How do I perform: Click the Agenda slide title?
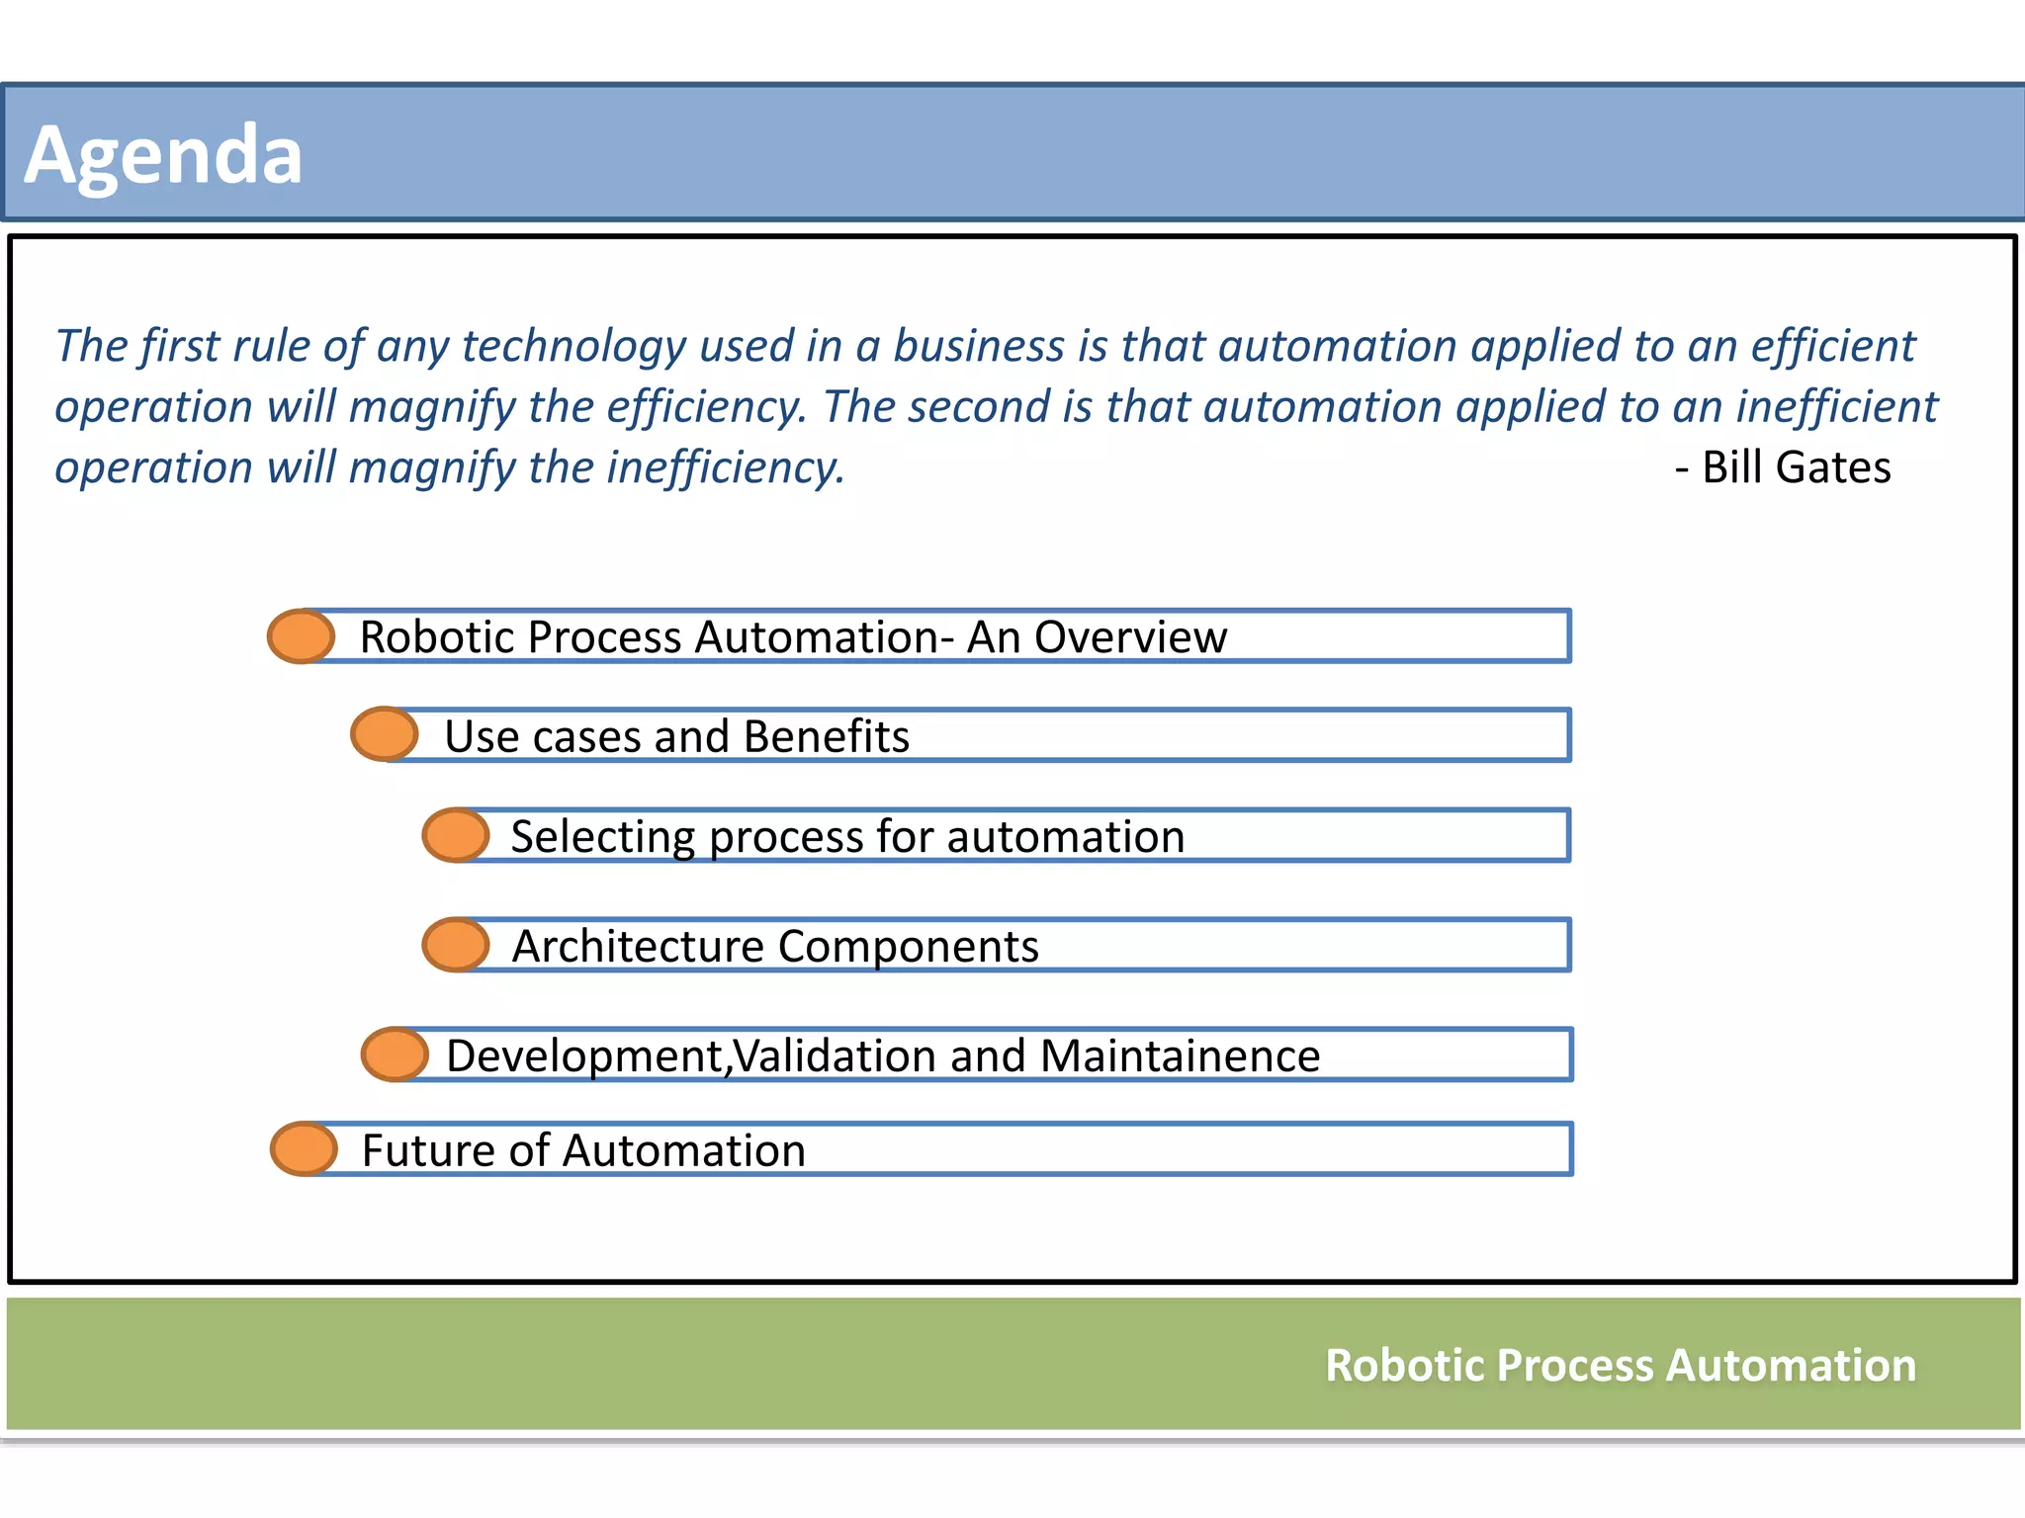(163, 155)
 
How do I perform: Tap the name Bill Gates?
(1795, 467)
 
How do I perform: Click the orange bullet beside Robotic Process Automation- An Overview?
(302, 636)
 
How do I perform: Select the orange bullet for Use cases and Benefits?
(385, 734)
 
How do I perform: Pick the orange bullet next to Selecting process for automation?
(456, 835)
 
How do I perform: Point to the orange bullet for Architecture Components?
(456, 945)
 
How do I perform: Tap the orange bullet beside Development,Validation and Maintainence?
(396, 1054)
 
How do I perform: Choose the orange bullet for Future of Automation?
(305, 1149)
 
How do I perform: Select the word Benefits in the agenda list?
(826, 737)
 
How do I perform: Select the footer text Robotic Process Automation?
(1620, 1366)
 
